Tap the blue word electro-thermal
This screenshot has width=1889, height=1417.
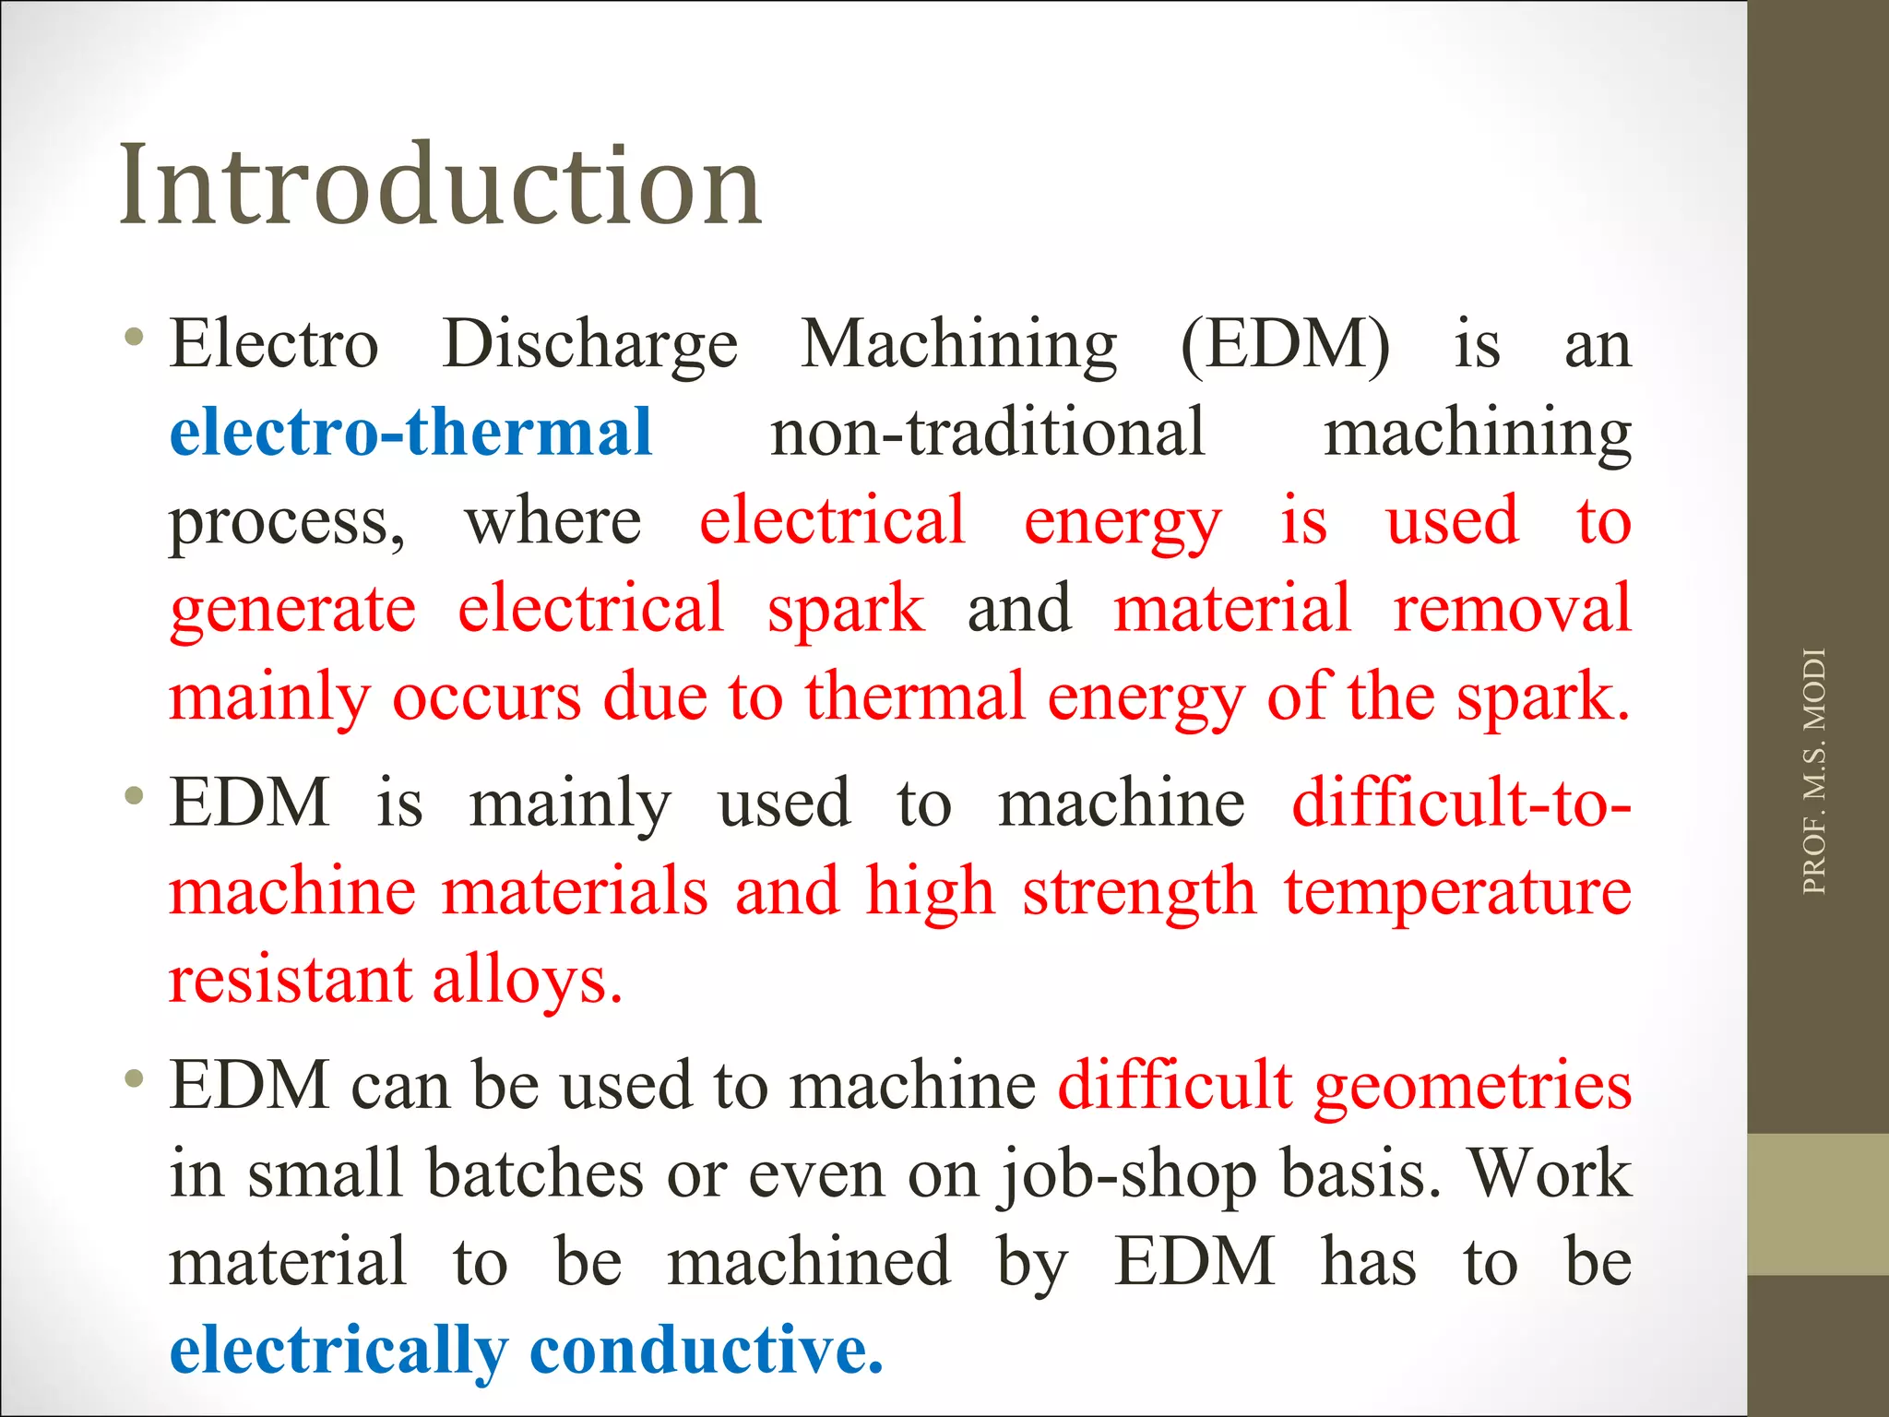coord(411,432)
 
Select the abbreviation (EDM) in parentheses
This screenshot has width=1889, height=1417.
coord(1285,345)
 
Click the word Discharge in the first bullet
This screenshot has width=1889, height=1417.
coord(590,345)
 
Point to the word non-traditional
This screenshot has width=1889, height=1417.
coord(988,432)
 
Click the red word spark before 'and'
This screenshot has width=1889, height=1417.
coord(846,609)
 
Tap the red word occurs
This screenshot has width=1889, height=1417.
coord(487,697)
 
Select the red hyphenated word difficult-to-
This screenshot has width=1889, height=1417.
coord(1461,802)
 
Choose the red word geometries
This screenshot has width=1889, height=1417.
coord(1473,1086)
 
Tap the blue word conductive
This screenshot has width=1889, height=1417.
coord(707,1350)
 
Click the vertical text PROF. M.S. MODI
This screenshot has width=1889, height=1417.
coord(1813,771)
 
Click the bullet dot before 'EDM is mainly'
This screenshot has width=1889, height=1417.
coord(135,794)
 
